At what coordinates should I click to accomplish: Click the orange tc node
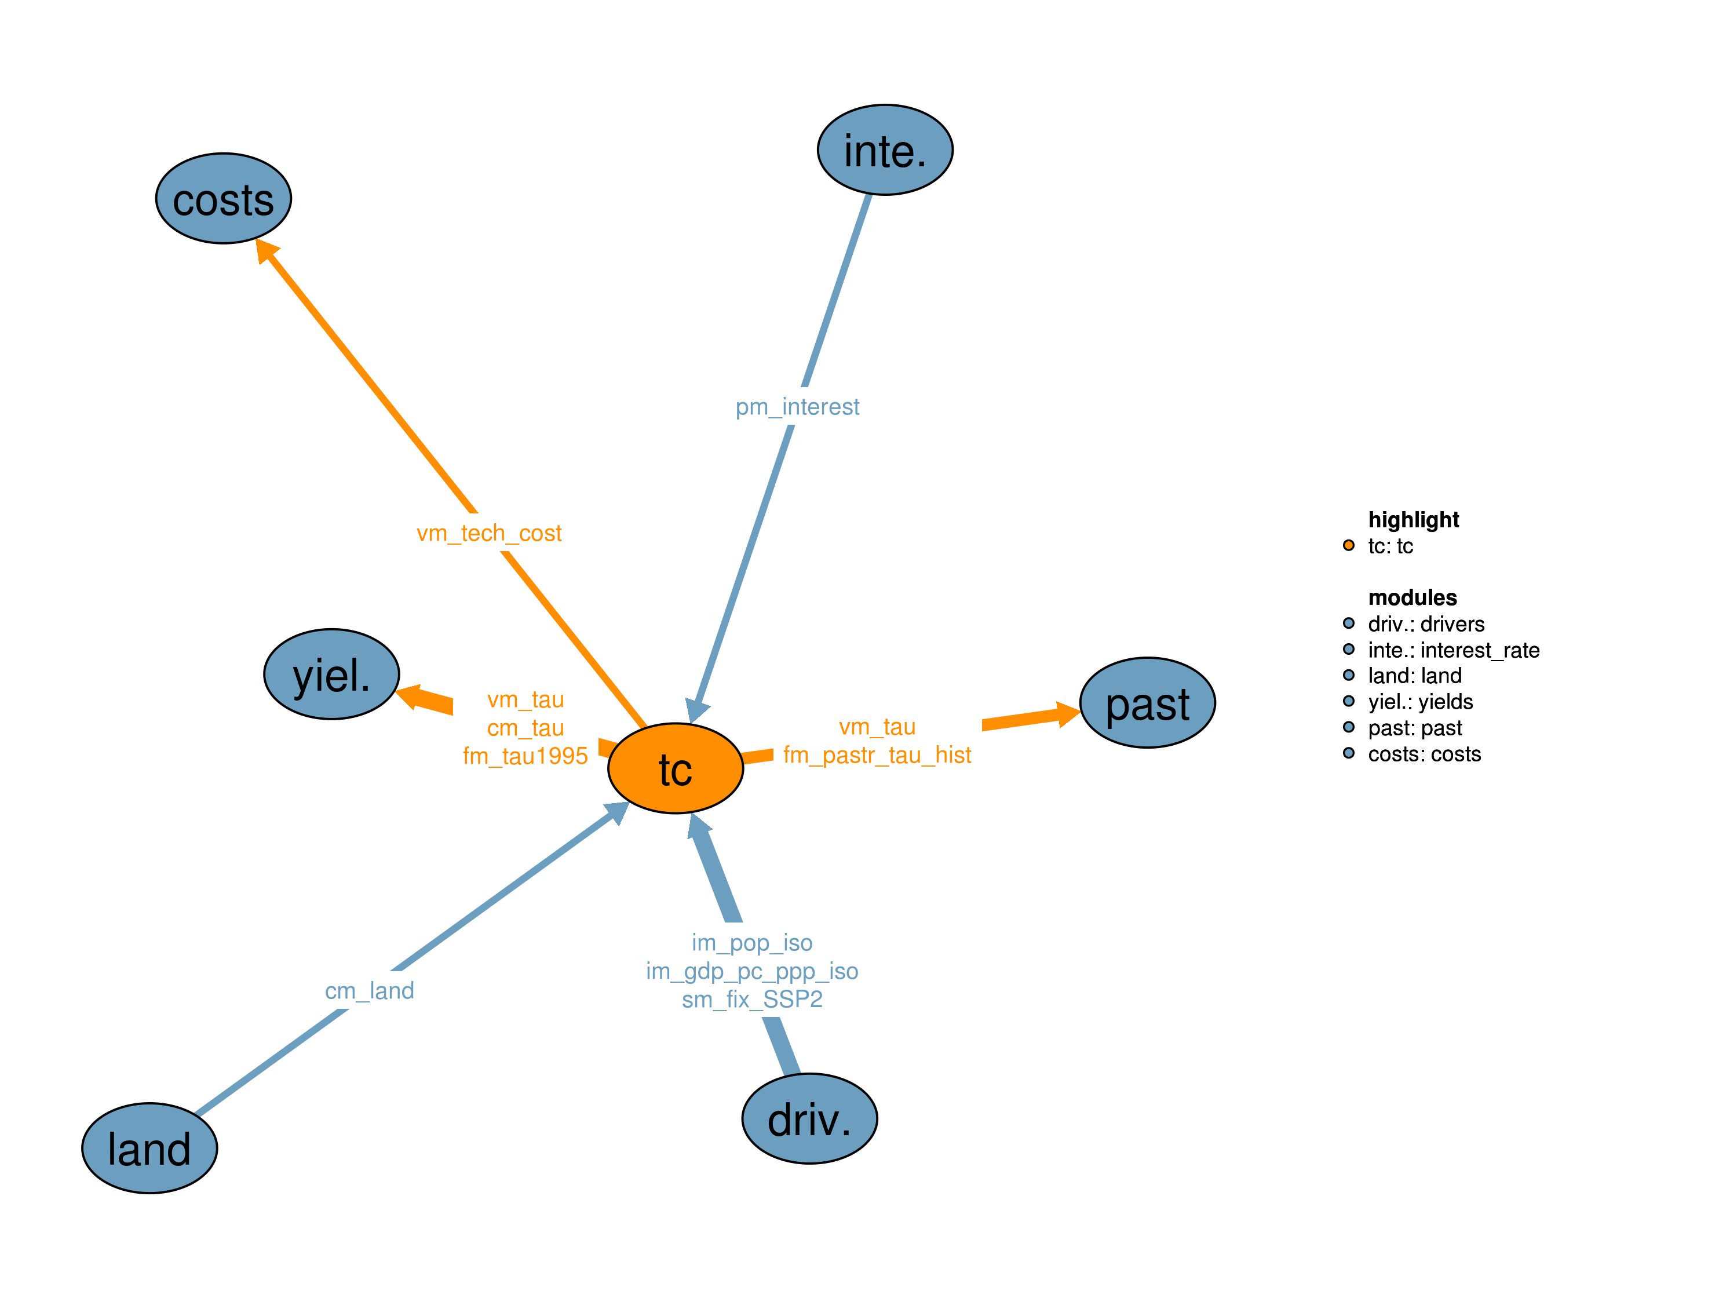[675, 768]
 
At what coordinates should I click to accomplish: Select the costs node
[224, 199]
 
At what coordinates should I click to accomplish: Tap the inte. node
[885, 150]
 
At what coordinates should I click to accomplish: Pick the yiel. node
[331, 674]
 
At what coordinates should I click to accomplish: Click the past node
[1147, 702]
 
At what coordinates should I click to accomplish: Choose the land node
[149, 1148]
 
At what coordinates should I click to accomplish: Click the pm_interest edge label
[797, 407]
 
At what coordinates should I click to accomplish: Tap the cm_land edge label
[369, 990]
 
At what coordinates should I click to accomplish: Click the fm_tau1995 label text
[525, 756]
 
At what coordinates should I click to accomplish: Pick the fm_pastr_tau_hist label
[877, 755]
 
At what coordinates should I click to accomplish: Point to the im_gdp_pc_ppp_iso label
[751, 971]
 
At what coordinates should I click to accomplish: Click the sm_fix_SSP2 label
[751, 999]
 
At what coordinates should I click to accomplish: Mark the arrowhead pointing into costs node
[266, 250]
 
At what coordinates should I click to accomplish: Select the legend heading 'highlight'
[1413, 520]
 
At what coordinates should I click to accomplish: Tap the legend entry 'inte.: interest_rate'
[1453, 650]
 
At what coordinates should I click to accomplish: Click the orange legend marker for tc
[1348, 545]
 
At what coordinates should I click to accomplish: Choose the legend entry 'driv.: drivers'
[1426, 624]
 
